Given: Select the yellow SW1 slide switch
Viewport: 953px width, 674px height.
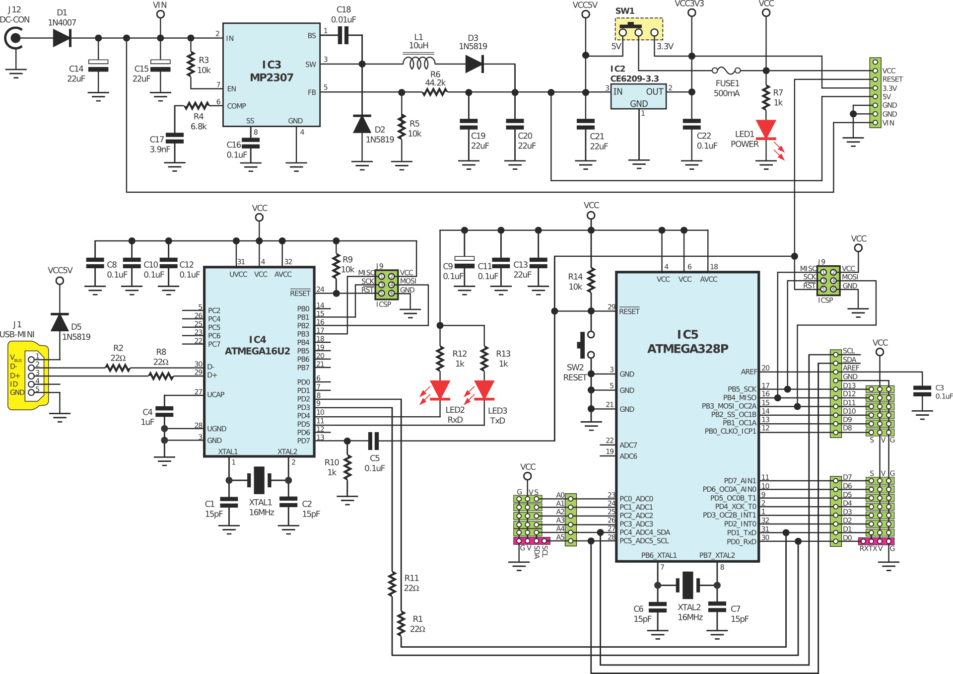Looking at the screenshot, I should click(x=639, y=29).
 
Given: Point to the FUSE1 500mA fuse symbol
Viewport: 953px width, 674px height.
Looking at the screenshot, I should click(x=726, y=71).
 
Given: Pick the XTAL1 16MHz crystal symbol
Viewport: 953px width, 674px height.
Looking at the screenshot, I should click(x=259, y=480).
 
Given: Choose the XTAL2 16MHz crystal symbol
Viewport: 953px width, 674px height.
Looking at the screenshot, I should click(x=687, y=585).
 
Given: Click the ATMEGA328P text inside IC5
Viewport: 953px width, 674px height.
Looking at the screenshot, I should click(x=687, y=349).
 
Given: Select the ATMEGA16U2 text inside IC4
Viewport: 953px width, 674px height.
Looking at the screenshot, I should click(x=257, y=351).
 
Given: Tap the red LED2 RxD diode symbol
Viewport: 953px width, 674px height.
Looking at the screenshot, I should click(x=440, y=390).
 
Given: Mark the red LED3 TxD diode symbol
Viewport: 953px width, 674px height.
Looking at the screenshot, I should click(x=484, y=390).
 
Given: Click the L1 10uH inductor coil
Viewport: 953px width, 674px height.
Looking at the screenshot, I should click(x=418, y=63).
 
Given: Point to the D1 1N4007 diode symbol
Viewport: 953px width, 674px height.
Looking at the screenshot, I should click(x=62, y=38).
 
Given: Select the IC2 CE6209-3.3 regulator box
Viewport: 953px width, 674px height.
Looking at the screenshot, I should click(x=638, y=97).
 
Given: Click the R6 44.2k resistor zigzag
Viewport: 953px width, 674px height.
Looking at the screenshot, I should click(x=435, y=92).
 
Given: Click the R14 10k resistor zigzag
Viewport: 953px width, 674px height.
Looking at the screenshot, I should click(x=591, y=281).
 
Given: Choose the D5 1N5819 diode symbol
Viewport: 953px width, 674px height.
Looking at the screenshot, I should click(x=60, y=323).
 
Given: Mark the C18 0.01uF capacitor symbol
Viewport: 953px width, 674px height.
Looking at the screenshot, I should click(x=343, y=35).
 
